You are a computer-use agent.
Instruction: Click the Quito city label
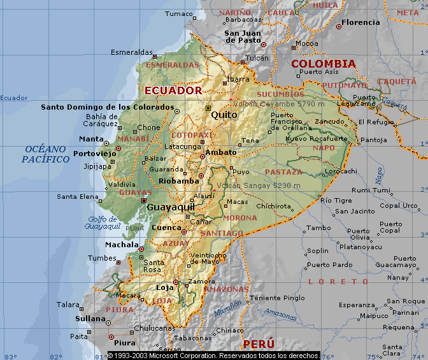pyautogui.click(x=224, y=115)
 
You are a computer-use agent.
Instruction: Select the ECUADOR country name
pyautogui.click(x=173, y=90)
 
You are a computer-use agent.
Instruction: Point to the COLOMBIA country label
pyautogui.click(x=323, y=64)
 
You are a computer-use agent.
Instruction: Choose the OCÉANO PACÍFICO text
pyautogui.click(x=45, y=154)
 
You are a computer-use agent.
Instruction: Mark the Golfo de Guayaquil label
pyautogui.click(x=103, y=222)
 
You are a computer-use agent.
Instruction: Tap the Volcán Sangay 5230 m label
pyautogui.click(x=258, y=185)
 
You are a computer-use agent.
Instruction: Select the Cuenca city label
pyautogui.click(x=166, y=227)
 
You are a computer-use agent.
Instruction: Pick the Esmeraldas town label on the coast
pyautogui.click(x=132, y=52)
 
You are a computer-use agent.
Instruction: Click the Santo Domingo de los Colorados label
pyautogui.click(x=108, y=107)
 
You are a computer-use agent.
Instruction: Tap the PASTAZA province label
pyautogui.click(x=283, y=172)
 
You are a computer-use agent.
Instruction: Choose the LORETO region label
pyautogui.click(x=338, y=281)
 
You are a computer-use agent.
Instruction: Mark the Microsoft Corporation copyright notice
pyautogui.click(x=213, y=356)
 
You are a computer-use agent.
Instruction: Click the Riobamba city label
pyautogui.click(x=164, y=181)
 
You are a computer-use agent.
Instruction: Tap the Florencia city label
pyautogui.click(x=360, y=22)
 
